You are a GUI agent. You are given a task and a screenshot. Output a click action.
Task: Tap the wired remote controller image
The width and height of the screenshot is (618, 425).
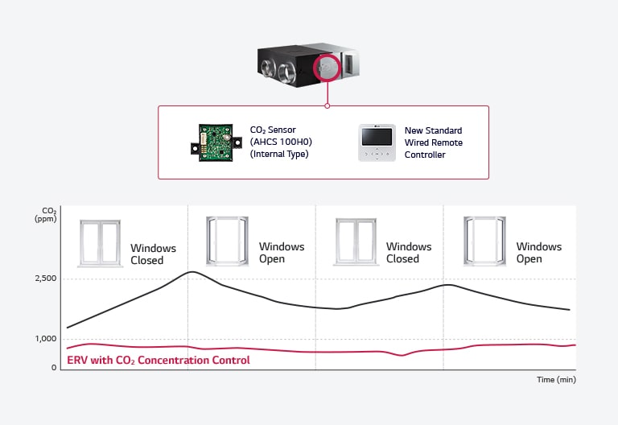pos(377,142)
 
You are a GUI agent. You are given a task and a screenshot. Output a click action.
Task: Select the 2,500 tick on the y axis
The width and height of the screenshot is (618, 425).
pos(45,279)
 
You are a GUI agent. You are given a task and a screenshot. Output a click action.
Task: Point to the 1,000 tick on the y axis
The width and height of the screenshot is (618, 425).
pos(45,339)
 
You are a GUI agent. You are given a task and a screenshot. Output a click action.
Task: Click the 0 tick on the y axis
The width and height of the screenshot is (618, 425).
pos(54,368)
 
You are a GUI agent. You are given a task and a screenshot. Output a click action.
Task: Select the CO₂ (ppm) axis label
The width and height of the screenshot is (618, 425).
pos(45,216)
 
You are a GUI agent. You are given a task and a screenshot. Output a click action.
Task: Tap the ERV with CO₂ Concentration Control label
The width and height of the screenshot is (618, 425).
pos(158,360)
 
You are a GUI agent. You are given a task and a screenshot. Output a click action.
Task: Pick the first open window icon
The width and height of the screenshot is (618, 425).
pos(228,240)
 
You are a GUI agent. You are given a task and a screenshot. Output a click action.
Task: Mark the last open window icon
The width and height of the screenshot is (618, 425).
pos(484,240)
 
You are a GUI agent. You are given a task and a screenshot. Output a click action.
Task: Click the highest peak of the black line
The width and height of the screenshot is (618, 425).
pos(192,272)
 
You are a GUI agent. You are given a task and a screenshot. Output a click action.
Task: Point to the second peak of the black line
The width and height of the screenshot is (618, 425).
pos(448,285)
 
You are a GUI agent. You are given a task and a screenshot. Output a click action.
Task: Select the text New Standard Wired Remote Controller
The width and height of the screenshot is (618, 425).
pos(434,142)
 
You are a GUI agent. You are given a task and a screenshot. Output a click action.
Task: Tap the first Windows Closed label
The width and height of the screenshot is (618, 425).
pos(153,254)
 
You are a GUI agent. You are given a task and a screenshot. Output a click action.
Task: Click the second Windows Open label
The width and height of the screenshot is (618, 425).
pos(538,253)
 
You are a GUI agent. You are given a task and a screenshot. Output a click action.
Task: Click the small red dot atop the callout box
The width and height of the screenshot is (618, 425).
pos(328,105)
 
